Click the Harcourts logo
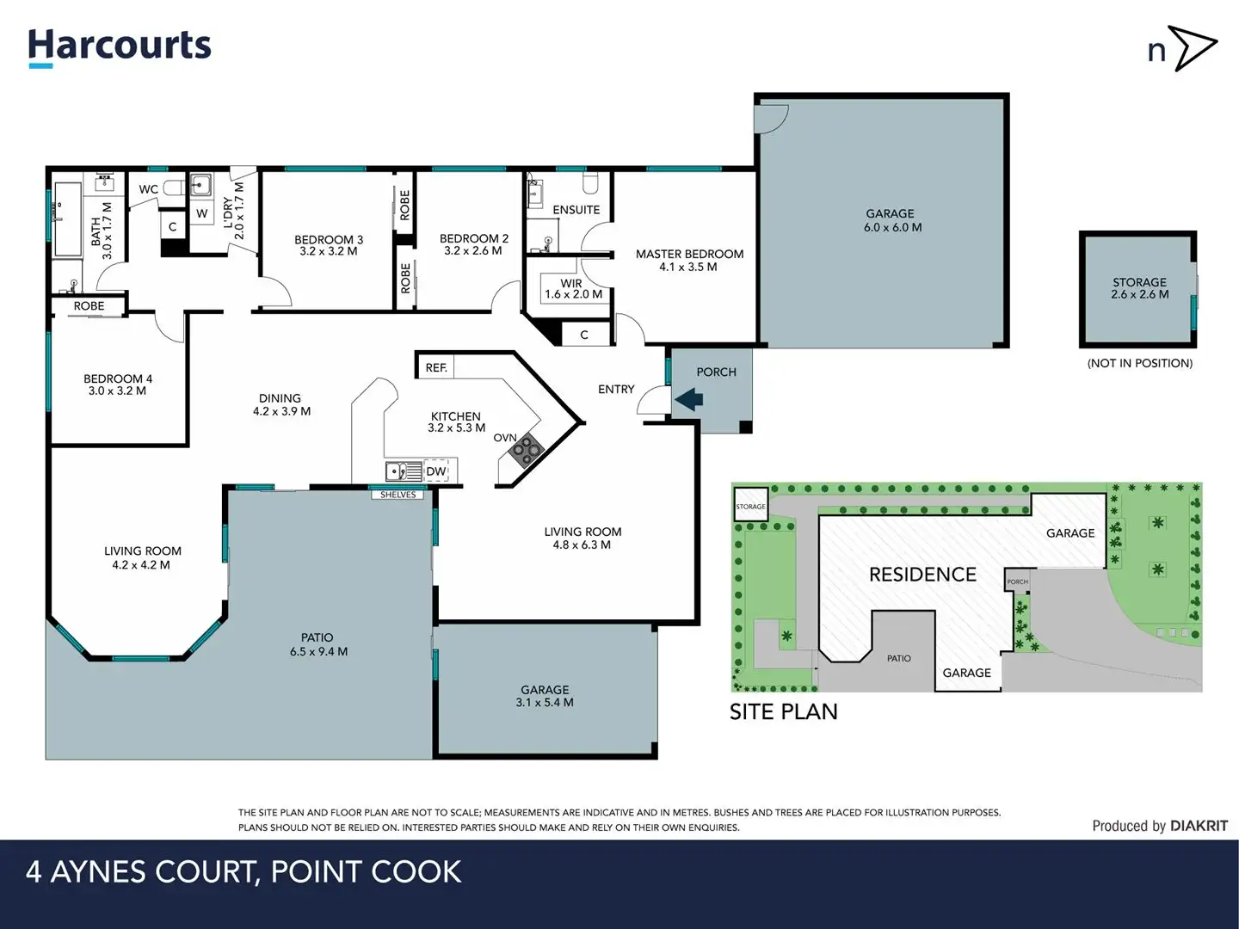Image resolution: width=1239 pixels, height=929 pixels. pyautogui.click(x=120, y=46)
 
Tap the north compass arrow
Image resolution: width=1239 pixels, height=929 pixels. pyautogui.click(x=1193, y=48)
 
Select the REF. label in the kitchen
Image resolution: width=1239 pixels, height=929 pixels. pyautogui.click(x=436, y=367)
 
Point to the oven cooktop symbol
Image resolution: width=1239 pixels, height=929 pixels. pyautogui.click(x=528, y=450)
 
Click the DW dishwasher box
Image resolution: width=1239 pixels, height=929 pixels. pyautogui.click(x=436, y=471)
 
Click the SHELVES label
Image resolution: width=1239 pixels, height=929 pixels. pyautogui.click(x=398, y=495)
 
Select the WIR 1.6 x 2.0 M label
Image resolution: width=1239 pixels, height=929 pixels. pyautogui.click(x=573, y=288)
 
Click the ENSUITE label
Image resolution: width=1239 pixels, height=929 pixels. pyautogui.click(x=576, y=210)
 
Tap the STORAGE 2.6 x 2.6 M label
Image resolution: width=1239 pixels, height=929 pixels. pyautogui.click(x=1139, y=288)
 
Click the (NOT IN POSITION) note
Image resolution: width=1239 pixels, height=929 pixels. pyautogui.click(x=1139, y=363)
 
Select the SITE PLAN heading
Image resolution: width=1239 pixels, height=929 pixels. pyautogui.click(x=783, y=711)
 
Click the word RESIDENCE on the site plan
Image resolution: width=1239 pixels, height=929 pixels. pyautogui.click(x=922, y=575)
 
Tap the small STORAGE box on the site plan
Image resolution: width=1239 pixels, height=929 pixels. pyautogui.click(x=750, y=507)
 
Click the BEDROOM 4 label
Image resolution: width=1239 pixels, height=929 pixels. pyautogui.click(x=118, y=385)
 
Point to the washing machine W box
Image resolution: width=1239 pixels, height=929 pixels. pyautogui.click(x=201, y=213)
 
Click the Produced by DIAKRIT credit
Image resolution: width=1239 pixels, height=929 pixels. pyautogui.click(x=1159, y=826)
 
